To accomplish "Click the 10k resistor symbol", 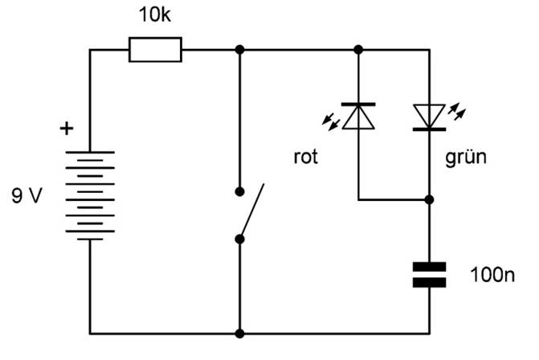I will (x=156, y=50).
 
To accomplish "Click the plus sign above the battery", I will (x=66, y=128).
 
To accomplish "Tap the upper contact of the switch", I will (x=239, y=192).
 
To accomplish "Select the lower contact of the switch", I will (x=239, y=239).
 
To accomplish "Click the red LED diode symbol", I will (x=358, y=117).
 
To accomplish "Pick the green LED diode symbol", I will (x=429, y=117).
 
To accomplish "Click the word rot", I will (x=305, y=157).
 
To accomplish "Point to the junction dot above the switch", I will (x=239, y=50).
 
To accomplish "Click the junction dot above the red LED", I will (x=358, y=50).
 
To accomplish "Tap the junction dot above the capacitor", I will (x=429, y=198).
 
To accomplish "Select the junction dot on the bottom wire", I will (x=239, y=333).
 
